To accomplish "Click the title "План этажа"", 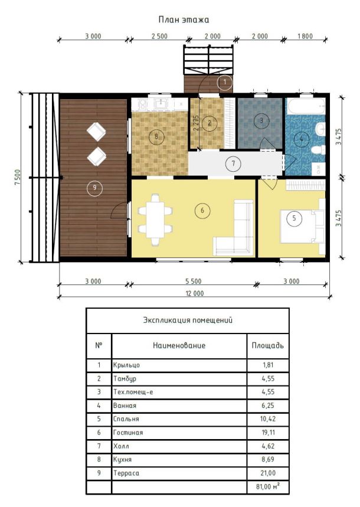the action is click(184, 19).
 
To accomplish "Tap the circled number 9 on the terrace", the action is click(94, 188).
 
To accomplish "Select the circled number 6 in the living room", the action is click(202, 211).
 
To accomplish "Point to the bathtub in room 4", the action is click(306, 106).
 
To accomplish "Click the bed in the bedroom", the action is click(302, 225).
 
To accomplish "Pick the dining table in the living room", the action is click(156, 220).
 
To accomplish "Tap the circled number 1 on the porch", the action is click(225, 82).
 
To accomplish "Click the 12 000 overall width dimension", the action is click(194, 293).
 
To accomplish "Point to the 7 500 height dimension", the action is click(18, 177).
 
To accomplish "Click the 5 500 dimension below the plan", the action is click(194, 282).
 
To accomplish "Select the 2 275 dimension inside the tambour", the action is click(196, 123).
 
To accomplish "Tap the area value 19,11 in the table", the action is click(268, 432).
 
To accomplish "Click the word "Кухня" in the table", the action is click(122, 459).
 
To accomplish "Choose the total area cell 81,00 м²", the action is click(268, 486).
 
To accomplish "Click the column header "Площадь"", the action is click(268, 345).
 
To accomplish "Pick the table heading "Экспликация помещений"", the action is click(188, 320).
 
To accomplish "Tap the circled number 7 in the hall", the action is click(233, 163).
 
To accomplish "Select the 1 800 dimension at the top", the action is click(305, 36).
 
